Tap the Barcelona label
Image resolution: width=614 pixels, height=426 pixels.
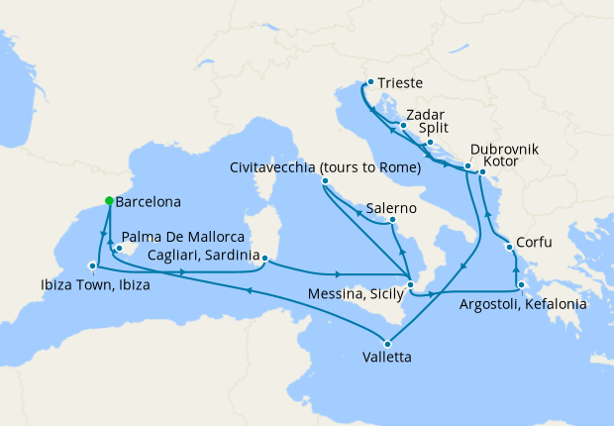(x=148, y=202)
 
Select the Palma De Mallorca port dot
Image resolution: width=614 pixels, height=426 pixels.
(x=118, y=249)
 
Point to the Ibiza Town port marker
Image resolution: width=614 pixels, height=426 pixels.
(x=92, y=266)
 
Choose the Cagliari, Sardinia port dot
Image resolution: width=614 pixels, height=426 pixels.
(x=265, y=259)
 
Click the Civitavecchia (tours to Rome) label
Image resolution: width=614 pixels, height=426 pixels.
(x=326, y=168)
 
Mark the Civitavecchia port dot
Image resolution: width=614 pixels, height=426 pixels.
(x=326, y=181)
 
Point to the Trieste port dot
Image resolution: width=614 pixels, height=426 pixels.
(x=369, y=83)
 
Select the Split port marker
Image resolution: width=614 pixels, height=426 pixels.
(x=430, y=142)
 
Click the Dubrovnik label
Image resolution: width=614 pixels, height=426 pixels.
(x=505, y=149)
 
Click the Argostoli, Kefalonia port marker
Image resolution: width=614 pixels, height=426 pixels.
(x=520, y=284)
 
